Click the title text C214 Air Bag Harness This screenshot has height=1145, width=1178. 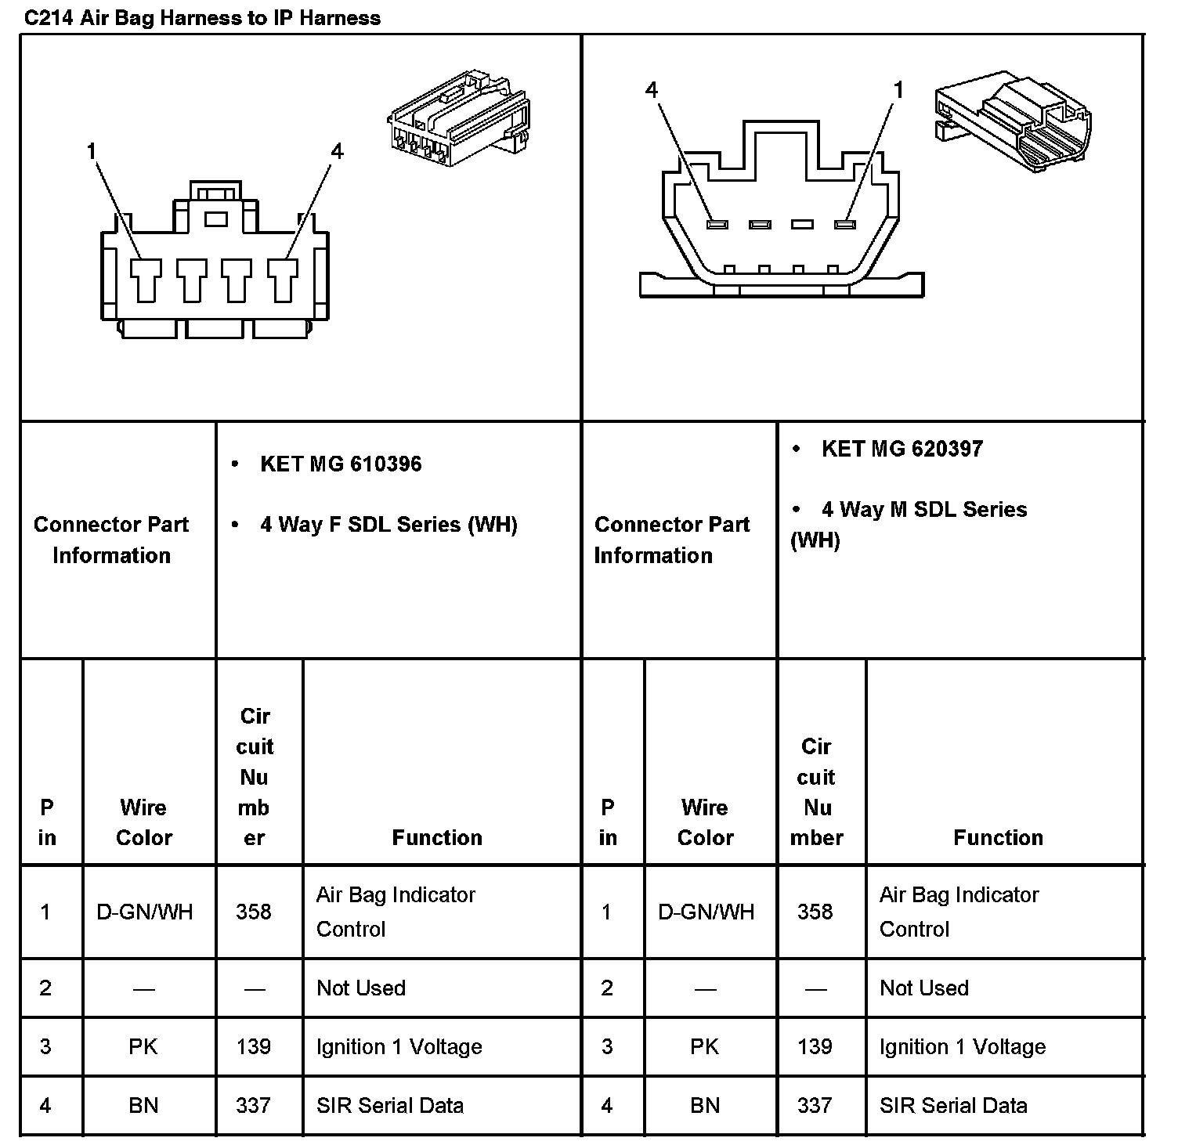click(202, 18)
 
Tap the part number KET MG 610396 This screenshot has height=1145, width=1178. click(341, 464)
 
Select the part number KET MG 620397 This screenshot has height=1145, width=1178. click(902, 449)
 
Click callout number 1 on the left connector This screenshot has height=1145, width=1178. click(92, 150)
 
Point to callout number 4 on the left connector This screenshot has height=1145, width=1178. click(337, 150)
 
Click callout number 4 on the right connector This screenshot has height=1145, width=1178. click(652, 90)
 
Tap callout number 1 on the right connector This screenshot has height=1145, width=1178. click(898, 90)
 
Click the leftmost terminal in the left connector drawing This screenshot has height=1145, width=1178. click(146, 280)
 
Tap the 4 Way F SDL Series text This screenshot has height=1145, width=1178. click(388, 525)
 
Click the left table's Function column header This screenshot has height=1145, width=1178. click(437, 838)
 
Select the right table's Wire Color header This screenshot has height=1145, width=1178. click(705, 822)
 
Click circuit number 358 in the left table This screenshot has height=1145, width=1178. click(254, 912)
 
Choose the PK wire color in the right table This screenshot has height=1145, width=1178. click(705, 1047)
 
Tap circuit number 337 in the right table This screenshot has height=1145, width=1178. click(815, 1106)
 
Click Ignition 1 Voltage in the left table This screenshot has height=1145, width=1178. click(399, 1047)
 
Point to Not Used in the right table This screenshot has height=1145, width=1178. click(924, 988)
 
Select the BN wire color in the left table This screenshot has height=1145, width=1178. click(143, 1106)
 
